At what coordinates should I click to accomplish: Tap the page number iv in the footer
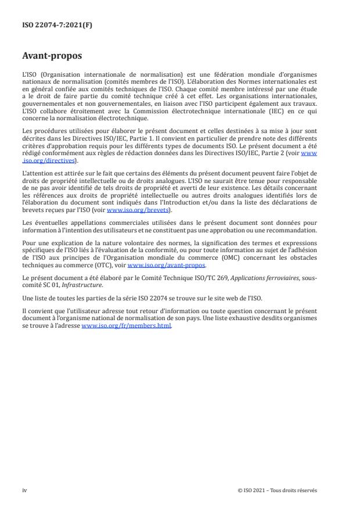pos(24,490)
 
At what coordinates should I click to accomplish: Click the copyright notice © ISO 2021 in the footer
pos(278,490)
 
